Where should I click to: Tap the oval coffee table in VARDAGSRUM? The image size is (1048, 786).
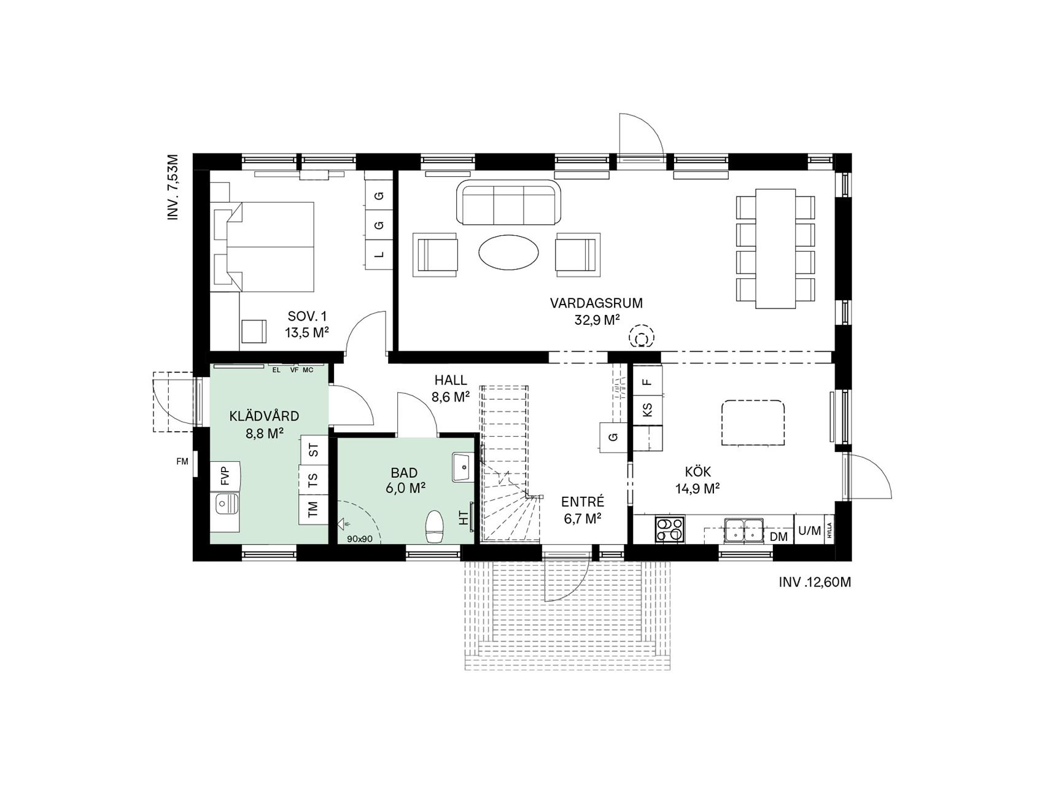pyautogui.click(x=509, y=252)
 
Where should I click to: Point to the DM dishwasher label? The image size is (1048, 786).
pyautogui.click(x=778, y=537)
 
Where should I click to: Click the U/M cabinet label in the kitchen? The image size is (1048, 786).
pyautogui.click(x=809, y=531)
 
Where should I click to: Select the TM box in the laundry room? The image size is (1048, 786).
pyautogui.click(x=313, y=509)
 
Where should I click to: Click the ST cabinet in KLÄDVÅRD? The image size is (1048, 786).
pyautogui.click(x=314, y=450)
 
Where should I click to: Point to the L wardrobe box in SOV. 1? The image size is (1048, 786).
pyautogui.click(x=379, y=254)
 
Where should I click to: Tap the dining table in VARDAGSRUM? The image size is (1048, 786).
pyautogui.click(x=775, y=249)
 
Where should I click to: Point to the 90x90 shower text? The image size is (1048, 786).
pyautogui.click(x=360, y=539)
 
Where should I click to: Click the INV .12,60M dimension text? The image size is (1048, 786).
pyautogui.click(x=815, y=582)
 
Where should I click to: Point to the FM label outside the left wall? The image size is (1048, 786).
pyautogui.click(x=182, y=462)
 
